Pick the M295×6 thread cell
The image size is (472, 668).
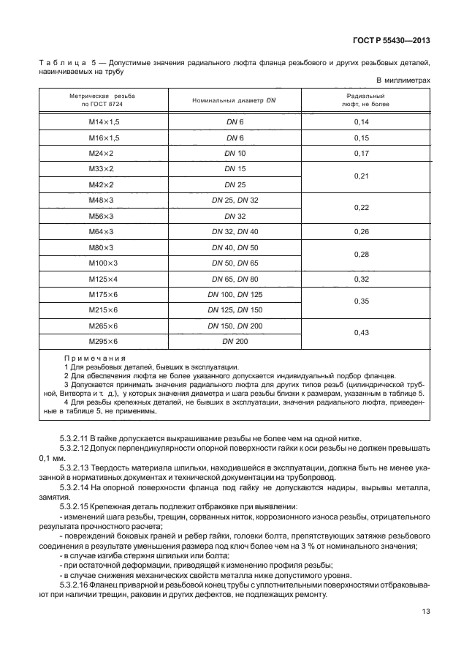tap(103, 341)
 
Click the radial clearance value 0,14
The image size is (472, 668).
tap(361, 122)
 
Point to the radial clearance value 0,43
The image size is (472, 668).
tap(361, 333)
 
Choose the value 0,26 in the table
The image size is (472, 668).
tap(361, 232)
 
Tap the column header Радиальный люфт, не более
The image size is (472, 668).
tap(361, 100)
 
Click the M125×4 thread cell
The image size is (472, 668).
tap(103, 279)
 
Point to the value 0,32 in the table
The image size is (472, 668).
tap(361, 279)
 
